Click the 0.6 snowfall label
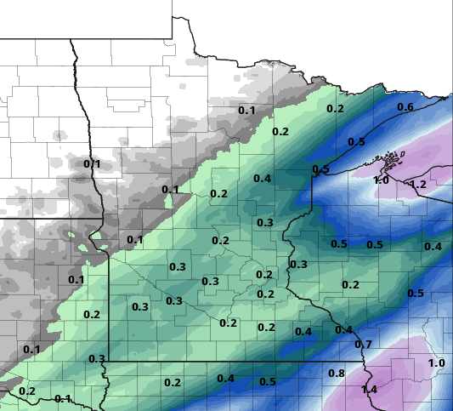tap(405, 107)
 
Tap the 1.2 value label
tap(418, 185)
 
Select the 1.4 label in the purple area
tap(369, 390)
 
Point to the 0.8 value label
tap(337, 374)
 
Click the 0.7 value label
tap(364, 345)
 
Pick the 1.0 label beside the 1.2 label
tap(381, 180)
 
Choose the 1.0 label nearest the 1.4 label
tap(437, 363)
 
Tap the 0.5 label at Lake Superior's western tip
tap(321, 170)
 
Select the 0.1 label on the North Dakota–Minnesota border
tap(92, 163)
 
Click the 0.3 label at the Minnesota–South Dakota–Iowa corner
tap(97, 359)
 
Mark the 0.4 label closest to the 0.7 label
tap(343, 330)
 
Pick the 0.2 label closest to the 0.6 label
tap(335, 109)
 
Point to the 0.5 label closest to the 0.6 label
tap(356, 141)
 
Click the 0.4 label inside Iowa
tap(226, 379)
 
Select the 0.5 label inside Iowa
tap(268, 382)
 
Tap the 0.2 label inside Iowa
tap(173, 383)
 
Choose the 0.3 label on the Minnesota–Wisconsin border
tap(298, 265)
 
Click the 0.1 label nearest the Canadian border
tap(246, 111)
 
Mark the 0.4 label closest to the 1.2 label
tap(433, 247)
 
